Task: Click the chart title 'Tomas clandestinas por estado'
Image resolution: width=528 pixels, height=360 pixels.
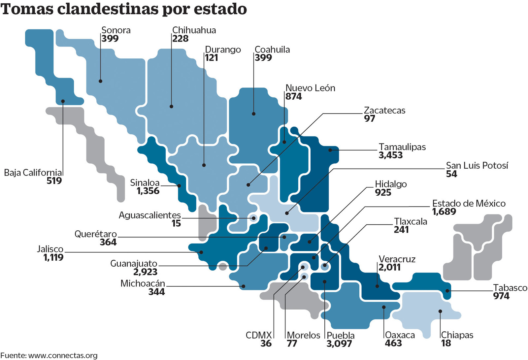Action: [124, 9]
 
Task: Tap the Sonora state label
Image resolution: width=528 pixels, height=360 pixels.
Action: [116, 30]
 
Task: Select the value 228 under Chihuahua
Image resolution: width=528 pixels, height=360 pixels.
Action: [181, 39]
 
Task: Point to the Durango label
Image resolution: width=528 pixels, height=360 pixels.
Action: [223, 49]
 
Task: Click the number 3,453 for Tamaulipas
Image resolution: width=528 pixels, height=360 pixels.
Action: [391, 155]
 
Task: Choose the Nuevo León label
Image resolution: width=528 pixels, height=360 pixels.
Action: [310, 88]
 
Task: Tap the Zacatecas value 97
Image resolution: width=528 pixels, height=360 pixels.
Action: [370, 118]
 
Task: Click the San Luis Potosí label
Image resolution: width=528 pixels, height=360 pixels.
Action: [477, 165]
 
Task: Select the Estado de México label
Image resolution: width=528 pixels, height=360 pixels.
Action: [469, 203]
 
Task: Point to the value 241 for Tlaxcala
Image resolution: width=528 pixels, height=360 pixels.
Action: [401, 230]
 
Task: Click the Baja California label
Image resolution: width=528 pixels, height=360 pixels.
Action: [33, 173]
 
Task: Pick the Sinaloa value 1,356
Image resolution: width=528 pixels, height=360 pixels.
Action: [148, 191]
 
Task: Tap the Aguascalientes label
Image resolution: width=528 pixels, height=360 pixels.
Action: [150, 215]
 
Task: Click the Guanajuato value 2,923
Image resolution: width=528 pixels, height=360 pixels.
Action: [145, 272]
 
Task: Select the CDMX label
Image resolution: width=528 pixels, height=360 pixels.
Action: [259, 335]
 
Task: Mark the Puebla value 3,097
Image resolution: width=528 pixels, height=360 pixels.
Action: [339, 344]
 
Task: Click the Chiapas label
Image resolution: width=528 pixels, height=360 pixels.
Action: [457, 335]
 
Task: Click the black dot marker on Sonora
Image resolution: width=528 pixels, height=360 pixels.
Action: [100, 81]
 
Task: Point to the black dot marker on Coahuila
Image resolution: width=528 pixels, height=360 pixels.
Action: [253, 114]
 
